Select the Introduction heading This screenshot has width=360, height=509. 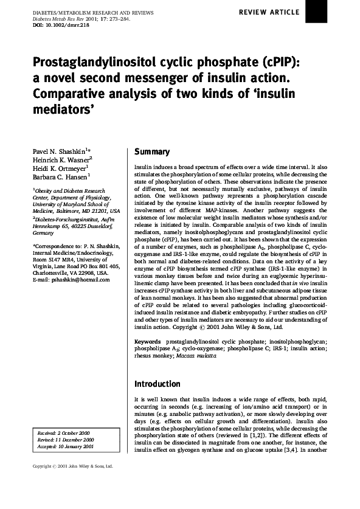[x=157, y=384]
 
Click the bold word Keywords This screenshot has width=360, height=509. [x=147, y=343]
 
